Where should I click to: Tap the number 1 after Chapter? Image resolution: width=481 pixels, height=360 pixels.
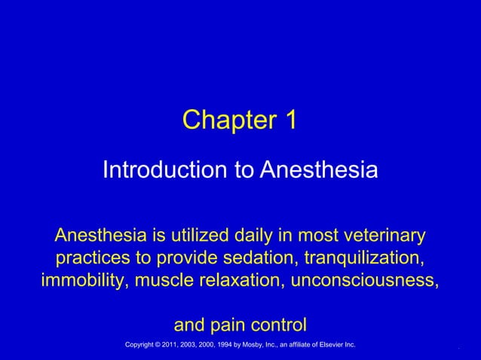coord(290,121)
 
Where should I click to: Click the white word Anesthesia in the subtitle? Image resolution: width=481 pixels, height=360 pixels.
coord(319,169)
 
